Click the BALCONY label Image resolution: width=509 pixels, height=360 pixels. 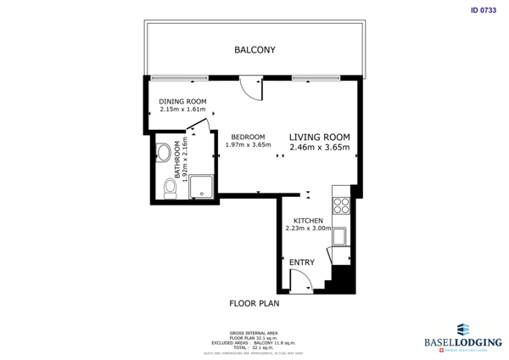254,50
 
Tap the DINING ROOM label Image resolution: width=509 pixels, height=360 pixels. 182,102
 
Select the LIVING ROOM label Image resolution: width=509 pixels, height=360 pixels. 319,137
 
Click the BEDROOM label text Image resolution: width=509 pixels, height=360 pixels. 248,137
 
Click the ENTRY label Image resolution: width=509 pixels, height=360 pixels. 301,262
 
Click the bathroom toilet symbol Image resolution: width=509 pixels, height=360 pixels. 170,188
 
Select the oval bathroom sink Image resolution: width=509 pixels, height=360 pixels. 163,154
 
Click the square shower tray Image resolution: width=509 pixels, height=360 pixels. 201,187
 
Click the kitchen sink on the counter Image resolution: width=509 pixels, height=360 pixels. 340,235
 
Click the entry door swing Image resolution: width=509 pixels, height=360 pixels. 303,283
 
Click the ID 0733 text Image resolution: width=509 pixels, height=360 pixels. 482,11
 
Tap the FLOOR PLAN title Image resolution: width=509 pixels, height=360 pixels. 254,302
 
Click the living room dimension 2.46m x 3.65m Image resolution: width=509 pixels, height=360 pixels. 319,147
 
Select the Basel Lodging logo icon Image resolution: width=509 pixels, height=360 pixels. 462,329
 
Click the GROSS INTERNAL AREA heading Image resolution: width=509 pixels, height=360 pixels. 254,333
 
